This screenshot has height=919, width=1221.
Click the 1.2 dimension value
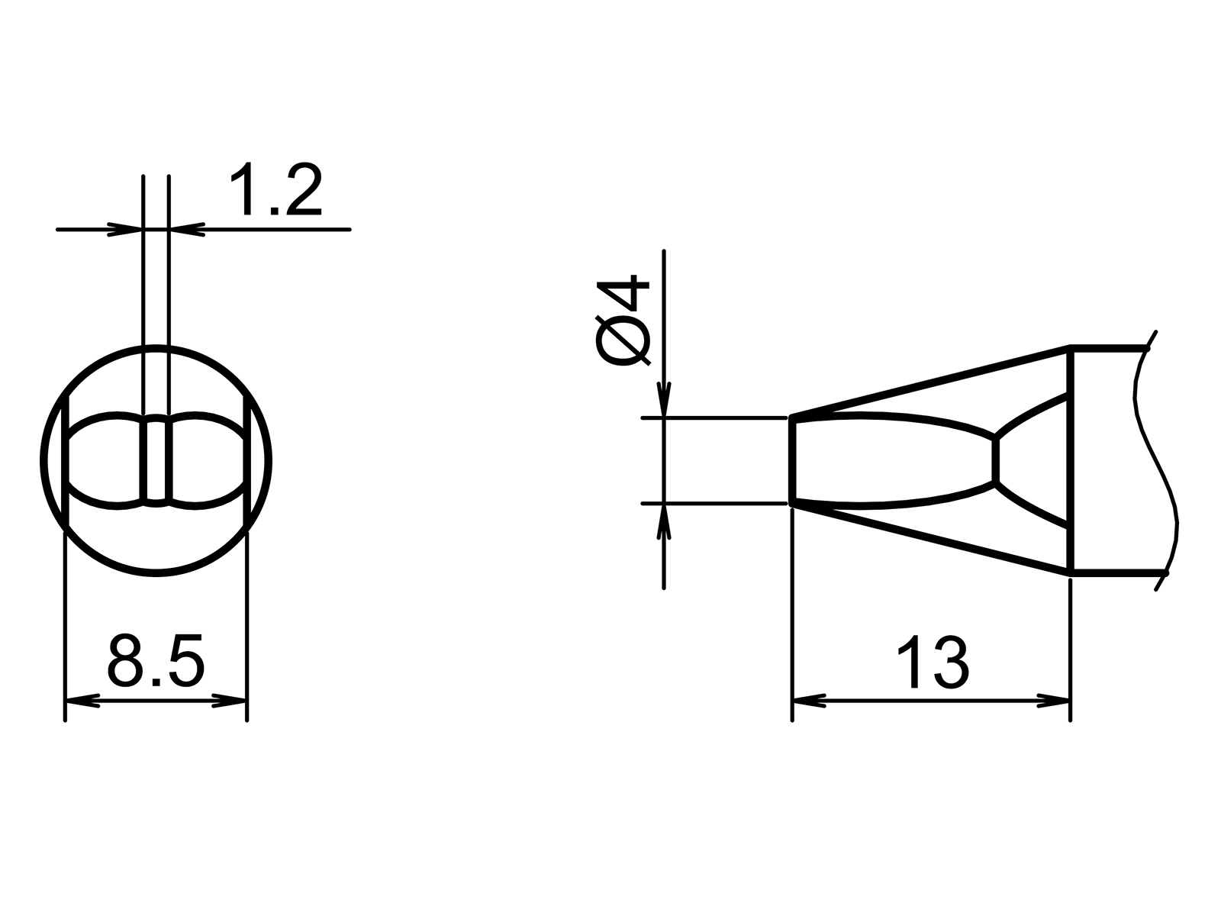pyautogui.click(x=276, y=190)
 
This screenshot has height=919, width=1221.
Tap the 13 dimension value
pyautogui.click(x=932, y=663)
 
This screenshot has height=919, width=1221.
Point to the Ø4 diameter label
pyautogui.click(x=623, y=322)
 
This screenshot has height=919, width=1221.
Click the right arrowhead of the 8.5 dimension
pyautogui.click(x=230, y=700)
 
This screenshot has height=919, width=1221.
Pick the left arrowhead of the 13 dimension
pyautogui.click(x=810, y=700)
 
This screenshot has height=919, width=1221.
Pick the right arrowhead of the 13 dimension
pyautogui.click(x=1054, y=700)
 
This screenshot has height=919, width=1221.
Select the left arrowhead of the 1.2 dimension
pyautogui.click(x=126, y=228)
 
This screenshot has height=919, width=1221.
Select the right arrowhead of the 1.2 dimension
pyautogui.click(x=186, y=228)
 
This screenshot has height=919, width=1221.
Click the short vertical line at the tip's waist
pyautogui.click(x=995, y=460)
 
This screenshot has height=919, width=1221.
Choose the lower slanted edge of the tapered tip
pyautogui.click(x=931, y=538)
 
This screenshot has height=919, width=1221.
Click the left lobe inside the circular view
pyautogui.click(x=107, y=461)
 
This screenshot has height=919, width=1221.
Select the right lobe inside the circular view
pyautogui.click(x=206, y=461)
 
